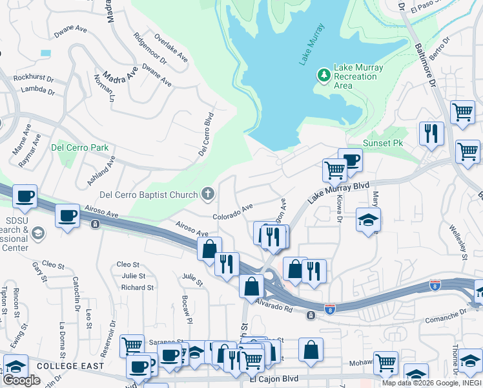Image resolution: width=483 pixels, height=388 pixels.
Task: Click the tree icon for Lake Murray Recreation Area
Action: [x=324, y=76]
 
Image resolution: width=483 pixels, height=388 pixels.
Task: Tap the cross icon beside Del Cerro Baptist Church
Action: [x=208, y=193]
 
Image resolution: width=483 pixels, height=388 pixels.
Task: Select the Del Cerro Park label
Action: [x=80, y=147]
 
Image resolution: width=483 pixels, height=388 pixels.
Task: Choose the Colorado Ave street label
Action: [x=233, y=213]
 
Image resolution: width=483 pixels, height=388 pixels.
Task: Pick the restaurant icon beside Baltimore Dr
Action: [x=431, y=133]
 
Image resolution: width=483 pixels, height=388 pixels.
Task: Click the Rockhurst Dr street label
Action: [x=33, y=79]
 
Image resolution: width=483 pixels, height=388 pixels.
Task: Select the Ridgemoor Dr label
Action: [x=150, y=48]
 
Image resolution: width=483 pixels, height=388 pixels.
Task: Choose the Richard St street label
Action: [x=137, y=288]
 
